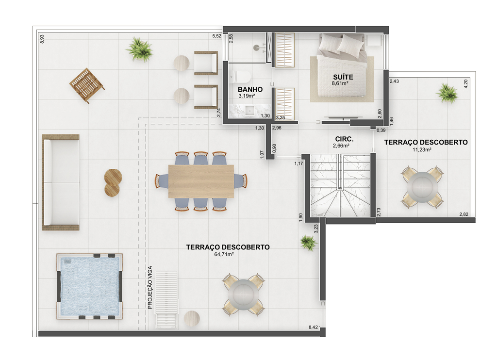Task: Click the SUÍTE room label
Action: point(343,77)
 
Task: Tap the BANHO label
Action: point(250,89)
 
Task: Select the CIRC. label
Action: point(344,139)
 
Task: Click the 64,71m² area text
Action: point(224,254)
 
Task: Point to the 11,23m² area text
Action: point(422,149)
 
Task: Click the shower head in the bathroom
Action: point(257,48)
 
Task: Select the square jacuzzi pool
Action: point(89,286)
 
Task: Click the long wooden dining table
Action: point(201,181)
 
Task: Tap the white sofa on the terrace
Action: point(61,182)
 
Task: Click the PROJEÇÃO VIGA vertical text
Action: point(150,287)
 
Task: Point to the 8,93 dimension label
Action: point(42,39)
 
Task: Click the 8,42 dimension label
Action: point(313,327)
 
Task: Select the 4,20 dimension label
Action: point(465,83)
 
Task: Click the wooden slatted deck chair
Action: point(86,85)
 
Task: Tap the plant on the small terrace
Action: point(447,93)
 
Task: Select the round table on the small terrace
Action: point(422,187)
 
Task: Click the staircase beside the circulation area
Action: point(340,185)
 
